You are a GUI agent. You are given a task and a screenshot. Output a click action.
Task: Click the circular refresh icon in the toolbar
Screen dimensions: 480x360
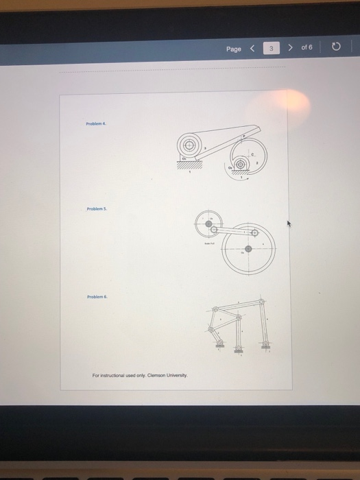tap(336, 49)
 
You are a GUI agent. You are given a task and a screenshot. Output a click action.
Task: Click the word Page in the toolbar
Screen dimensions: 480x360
tap(234, 49)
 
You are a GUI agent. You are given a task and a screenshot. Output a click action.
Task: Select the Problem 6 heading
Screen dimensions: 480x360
tap(95, 298)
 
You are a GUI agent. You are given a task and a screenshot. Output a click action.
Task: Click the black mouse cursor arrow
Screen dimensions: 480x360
tap(289, 224)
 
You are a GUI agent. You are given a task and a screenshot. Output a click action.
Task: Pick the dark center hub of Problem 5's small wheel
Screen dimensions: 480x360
tap(207, 222)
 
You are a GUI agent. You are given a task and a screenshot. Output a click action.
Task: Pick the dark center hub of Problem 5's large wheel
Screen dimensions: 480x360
tap(248, 249)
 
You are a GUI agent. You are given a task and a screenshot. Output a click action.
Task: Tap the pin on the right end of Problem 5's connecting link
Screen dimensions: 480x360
tap(254, 233)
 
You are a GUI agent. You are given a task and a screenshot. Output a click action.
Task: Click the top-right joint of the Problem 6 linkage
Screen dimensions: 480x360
tap(261, 302)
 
